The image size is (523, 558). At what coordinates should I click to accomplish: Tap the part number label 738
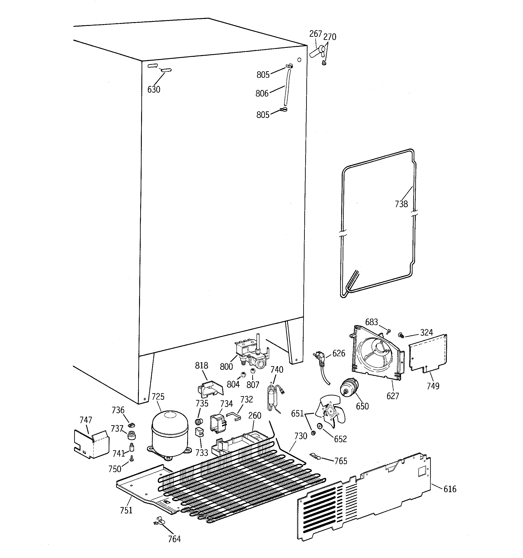[401, 204]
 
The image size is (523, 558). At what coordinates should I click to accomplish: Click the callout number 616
[450, 489]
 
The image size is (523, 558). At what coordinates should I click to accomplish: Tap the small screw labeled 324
[401, 335]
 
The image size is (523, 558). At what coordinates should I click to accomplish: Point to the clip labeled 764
[159, 521]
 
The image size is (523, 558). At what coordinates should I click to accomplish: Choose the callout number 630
[154, 90]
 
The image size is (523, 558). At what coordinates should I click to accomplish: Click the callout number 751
[126, 510]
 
